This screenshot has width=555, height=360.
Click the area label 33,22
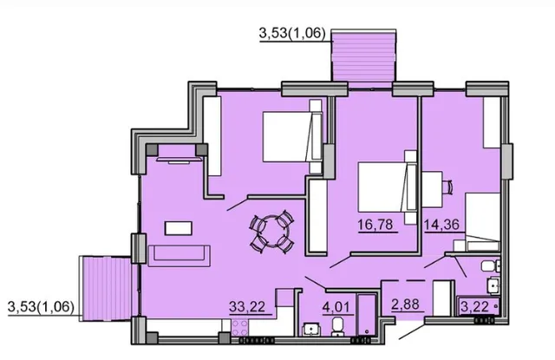click(246, 306)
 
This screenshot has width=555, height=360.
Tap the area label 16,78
click(375, 225)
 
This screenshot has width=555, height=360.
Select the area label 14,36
click(441, 225)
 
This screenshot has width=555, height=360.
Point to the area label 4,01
click(337, 306)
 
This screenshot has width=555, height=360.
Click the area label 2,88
click(405, 304)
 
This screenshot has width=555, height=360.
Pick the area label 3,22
click(475, 306)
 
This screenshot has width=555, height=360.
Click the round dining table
click(271, 232)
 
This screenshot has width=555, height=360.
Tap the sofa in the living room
click(180, 256)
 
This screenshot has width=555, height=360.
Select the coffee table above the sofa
click(179, 228)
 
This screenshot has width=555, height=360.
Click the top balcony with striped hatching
click(363, 56)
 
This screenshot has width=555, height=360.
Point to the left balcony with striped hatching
click(106, 289)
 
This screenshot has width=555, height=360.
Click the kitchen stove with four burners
click(239, 327)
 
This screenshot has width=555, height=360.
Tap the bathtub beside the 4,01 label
click(367, 314)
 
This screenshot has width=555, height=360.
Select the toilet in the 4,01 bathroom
click(336, 326)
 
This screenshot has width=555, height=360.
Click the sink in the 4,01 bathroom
click(311, 330)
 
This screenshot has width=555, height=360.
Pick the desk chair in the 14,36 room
click(448, 187)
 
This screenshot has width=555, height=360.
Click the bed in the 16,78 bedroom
click(388, 187)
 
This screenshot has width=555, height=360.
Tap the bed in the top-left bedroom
click(292, 137)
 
